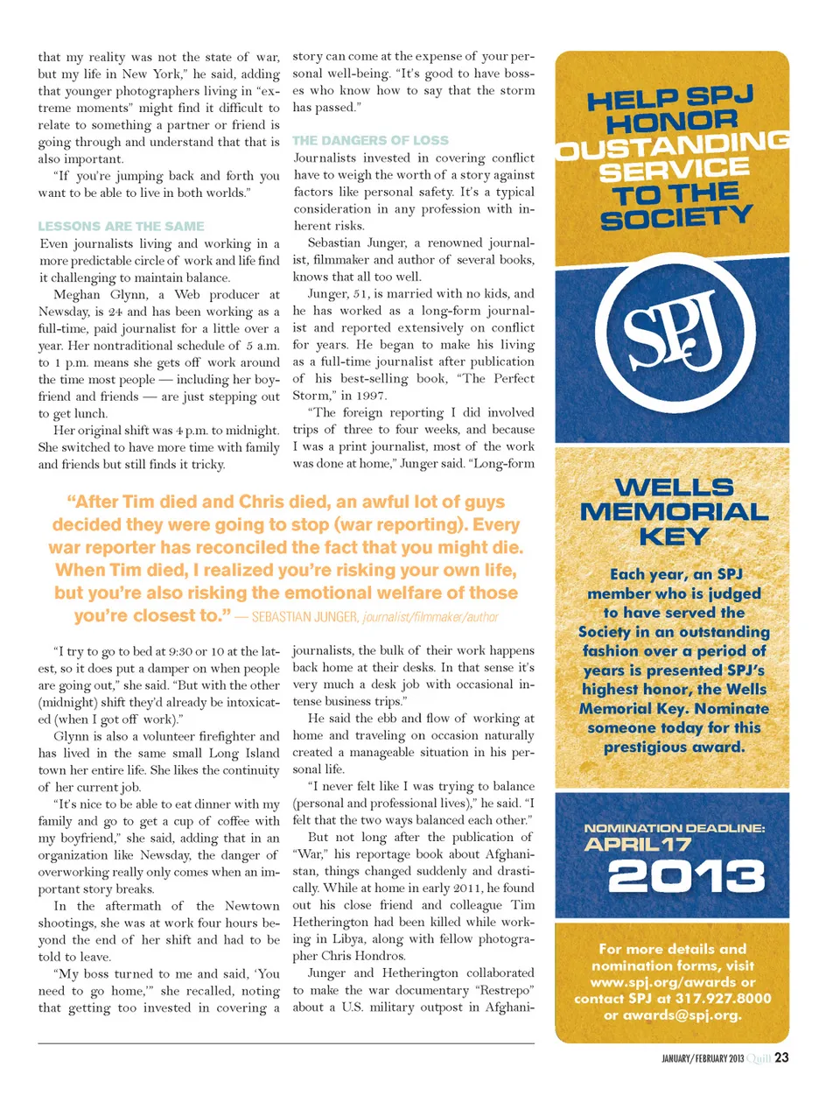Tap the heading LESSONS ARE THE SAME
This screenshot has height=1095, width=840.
click(121, 226)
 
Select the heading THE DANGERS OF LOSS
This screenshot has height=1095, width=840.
click(370, 140)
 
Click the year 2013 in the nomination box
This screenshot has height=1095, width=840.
click(686, 875)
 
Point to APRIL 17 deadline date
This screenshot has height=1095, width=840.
click(638, 845)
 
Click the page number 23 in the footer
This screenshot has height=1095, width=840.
click(781, 1057)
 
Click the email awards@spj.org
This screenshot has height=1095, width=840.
click(672, 1015)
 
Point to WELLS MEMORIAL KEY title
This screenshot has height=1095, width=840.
click(673, 512)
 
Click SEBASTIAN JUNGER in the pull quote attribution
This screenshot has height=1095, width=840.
click(304, 617)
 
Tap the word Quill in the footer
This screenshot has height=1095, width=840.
click(759, 1058)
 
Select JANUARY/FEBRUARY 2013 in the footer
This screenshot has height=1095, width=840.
click(703, 1058)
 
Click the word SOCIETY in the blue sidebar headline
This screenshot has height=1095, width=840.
click(675, 218)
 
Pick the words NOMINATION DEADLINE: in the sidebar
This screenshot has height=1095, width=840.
click(674, 828)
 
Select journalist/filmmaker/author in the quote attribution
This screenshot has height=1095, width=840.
click(430, 617)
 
